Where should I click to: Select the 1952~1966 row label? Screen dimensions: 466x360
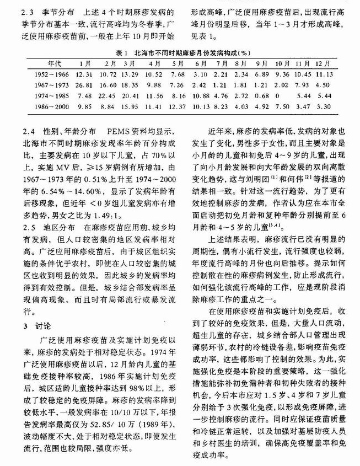coord(51,74)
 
